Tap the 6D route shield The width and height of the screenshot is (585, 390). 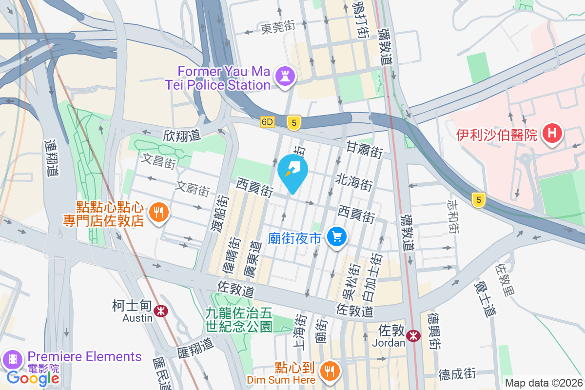pyautogui.click(x=267, y=121)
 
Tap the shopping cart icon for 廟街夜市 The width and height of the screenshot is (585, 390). pyautogui.click(x=337, y=237)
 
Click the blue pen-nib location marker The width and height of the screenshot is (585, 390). pyautogui.click(x=292, y=172)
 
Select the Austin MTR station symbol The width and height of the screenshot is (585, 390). pyautogui.click(x=159, y=310)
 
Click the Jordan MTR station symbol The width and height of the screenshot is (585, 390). pyautogui.click(x=413, y=335)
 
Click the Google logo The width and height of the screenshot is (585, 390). pyautogui.click(x=33, y=378)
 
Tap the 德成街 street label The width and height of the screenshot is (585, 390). pyautogui.click(x=457, y=374)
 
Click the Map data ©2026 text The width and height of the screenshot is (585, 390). pyautogui.click(x=544, y=383)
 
